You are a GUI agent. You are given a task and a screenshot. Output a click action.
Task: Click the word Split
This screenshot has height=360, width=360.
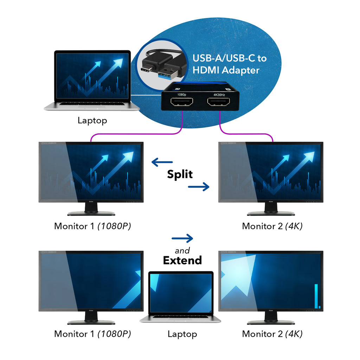pyautogui.click(x=180, y=174)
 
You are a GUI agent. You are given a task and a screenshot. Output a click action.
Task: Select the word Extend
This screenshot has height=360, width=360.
pyautogui.click(x=182, y=260)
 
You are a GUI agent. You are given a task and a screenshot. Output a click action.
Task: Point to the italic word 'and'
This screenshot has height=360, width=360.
pyautogui.click(x=182, y=250)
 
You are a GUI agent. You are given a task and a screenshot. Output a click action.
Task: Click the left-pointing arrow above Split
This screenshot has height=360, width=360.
pyautogui.click(x=162, y=162)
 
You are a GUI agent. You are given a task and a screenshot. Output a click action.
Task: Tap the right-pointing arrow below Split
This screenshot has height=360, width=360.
pyautogui.click(x=199, y=187)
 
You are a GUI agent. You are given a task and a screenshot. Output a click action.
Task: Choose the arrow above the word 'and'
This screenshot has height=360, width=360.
pyautogui.click(x=182, y=238)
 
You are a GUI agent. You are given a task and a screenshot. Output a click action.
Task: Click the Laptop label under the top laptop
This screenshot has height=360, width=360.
pyautogui.click(x=92, y=121)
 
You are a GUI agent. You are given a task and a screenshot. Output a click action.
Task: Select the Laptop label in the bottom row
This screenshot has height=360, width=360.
pyautogui.click(x=182, y=334)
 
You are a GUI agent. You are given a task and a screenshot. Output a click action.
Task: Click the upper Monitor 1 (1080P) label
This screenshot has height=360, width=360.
pyautogui.click(x=92, y=226)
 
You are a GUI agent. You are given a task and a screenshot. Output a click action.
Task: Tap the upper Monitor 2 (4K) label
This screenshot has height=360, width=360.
pyautogui.click(x=272, y=226)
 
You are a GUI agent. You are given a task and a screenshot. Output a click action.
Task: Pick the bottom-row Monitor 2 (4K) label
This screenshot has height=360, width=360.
pyautogui.click(x=272, y=334)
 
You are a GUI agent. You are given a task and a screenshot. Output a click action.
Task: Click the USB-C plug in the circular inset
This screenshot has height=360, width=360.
pyautogui.click(x=149, y=65)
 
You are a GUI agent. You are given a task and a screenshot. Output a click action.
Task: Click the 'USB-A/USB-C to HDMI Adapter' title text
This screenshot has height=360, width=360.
pyautogui.click(x=229, y=64)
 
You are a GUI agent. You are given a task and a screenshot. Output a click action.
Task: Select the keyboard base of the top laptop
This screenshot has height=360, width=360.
pyautogui.click(x=92, y=106)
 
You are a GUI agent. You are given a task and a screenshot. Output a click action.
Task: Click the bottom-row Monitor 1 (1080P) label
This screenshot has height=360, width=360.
pyautogui.click(x=92, y=334)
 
